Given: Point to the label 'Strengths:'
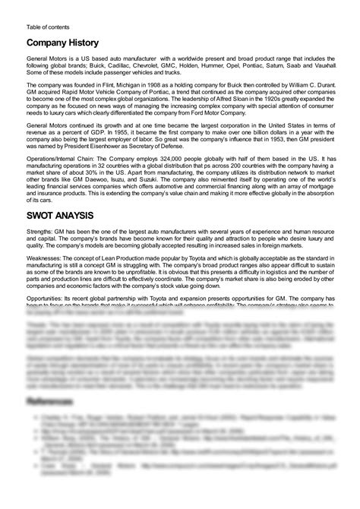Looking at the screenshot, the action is click(x=42, y=232).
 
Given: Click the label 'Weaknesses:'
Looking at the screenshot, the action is click(x=47, y=259).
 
